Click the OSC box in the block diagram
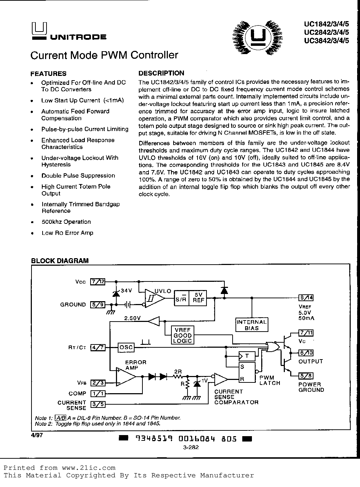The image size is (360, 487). (x=126, y=347)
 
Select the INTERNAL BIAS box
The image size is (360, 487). (x=252, y=325)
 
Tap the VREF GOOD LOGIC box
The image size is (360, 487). (x=183, y=335)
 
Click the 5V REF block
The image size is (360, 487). (x=198, y=297)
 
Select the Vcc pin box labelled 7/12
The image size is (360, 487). (x=98, y=281)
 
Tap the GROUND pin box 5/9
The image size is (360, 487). (x=98, y=305)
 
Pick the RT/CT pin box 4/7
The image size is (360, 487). (x=98, y=347)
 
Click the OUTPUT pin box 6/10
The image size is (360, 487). (x=306, y=353)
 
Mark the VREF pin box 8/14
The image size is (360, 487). (x=306, y=298)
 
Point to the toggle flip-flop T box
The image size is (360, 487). (x=247, y=356)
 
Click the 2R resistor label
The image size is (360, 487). (x=178, y=371)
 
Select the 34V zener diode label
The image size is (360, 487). (x=126, y=291)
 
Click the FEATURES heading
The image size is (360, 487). (x=48, y=74)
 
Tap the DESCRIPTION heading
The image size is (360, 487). (x=161, y=73)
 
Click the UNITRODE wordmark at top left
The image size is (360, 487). (x=78, y=37)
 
